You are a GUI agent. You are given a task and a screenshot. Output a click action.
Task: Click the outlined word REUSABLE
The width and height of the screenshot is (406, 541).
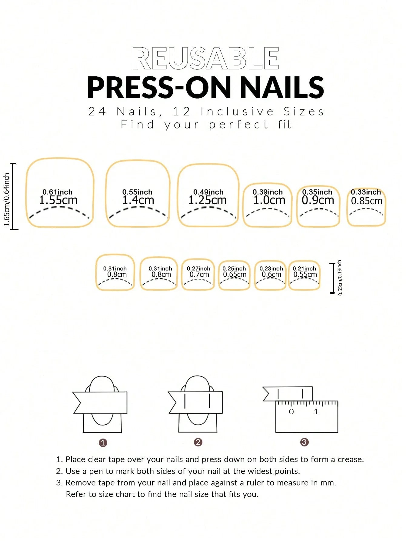click(x=205, y=58)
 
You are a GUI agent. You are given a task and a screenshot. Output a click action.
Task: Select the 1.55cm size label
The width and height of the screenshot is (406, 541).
click(x=58, y=200)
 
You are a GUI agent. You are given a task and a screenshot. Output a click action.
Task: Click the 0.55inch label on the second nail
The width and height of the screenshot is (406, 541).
click(x=137, y=192)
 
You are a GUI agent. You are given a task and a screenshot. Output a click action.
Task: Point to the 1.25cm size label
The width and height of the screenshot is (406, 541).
click(x=207, y=200)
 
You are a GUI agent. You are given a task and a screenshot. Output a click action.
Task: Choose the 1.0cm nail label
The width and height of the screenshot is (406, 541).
click(x=269, y=200)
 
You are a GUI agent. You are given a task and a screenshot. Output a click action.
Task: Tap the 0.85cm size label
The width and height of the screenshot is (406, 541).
click(x=366, y=201)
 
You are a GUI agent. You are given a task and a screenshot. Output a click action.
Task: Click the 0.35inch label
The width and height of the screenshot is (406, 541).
click(x=317, y=192)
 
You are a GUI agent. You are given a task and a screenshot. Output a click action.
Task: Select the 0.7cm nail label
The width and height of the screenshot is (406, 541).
click(x=199, y=275)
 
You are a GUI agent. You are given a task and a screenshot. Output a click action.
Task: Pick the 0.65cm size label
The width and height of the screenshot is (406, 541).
click(x=235, y=275)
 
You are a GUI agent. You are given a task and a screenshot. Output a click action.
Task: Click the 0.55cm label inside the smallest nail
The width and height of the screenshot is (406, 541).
click(x=305, y=275)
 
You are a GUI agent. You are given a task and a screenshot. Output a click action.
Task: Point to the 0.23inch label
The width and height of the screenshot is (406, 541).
click(x=271, y=269)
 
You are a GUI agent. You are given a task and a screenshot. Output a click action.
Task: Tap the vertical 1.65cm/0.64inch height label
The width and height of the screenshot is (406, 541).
click(x=7, y=200)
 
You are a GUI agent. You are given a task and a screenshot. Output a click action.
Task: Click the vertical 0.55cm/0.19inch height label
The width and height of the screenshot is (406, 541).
click(x=340, y=278)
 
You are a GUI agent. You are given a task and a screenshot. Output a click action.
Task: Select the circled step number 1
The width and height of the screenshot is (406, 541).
click(x=103, y=443)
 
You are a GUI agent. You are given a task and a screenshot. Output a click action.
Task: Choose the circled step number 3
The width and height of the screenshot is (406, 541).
click(x=304, y=442)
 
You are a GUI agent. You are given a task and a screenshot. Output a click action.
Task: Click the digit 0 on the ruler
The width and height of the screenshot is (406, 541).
click(x=291, y=412)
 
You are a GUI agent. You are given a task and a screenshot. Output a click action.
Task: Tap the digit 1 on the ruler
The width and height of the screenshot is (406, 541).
click(x=316, y=412)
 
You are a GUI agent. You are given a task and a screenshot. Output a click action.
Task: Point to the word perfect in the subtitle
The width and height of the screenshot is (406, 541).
click(x=238, y=125)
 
